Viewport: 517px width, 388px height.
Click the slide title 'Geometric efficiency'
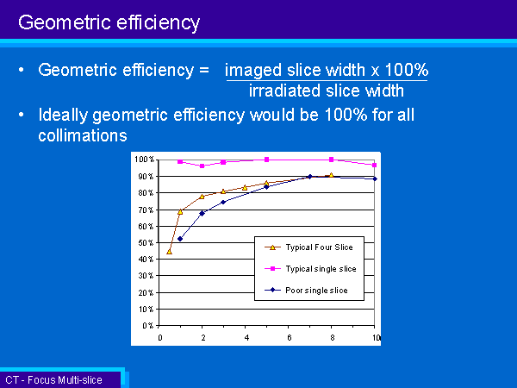(x=109, y=23)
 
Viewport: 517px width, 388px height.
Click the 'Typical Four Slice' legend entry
(x=308, y=247)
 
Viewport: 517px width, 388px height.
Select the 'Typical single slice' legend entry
(x=310, y=269)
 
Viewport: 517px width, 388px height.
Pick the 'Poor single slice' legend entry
(x=306, y=291)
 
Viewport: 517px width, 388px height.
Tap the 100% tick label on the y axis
(x=145, y=160)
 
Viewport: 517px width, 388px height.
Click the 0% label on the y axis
(x=148, y=326)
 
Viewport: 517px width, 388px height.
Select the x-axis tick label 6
(x=290, y=337)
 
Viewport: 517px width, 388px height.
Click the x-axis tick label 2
(x=203, y=337)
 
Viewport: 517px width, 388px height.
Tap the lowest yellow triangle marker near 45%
(x=169, y=252)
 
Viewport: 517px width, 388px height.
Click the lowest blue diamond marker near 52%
(x=180, y=239)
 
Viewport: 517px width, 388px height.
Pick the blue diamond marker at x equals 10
(x=375, y=178)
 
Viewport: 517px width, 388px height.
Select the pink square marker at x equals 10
(x=375, y=165)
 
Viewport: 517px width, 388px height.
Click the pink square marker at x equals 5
(x=267, y=160)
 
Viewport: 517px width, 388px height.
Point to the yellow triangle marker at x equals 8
(x=332, y=175)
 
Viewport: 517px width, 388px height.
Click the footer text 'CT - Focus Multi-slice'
(x=53, y=380)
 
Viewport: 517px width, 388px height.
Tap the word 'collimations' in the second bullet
(x=83, y=135)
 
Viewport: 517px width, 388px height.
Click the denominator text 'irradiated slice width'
(x=327, y=91)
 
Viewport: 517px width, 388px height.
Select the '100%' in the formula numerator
(x=407, y=70)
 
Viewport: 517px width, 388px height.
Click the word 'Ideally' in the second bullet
(x=63, y=116)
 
